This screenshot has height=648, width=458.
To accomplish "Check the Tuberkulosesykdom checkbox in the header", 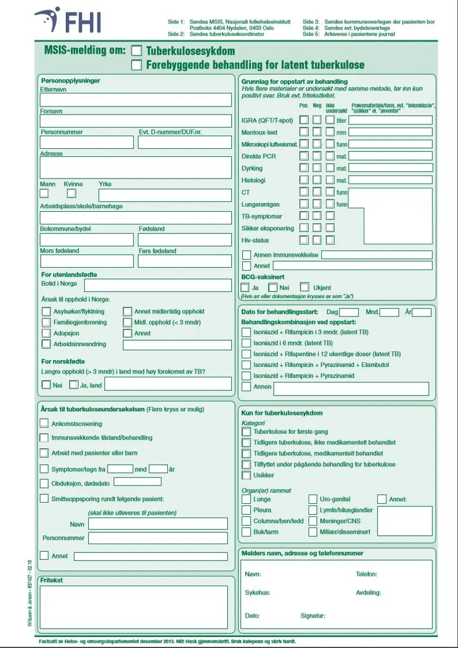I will pos(137,51).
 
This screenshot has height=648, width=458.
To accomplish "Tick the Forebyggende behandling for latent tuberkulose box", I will pos(137,65).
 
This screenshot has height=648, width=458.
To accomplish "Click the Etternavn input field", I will pos(136,100).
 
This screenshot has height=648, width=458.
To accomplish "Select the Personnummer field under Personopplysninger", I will pos(86,142).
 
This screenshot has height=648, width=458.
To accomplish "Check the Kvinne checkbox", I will pos(72,193).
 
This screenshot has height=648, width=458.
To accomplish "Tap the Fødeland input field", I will pos(185,239).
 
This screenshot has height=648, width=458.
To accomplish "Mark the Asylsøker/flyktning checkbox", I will pos(46,312).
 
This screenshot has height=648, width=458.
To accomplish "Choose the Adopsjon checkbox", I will pos(46,333).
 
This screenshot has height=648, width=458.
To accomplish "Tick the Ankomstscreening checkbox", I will pos(44,424).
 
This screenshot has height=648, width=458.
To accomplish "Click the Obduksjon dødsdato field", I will pos(137,481).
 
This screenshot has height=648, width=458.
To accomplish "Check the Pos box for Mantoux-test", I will pos(303,132).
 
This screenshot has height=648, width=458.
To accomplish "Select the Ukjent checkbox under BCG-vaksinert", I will pos(305,287).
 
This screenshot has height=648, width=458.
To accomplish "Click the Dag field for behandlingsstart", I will pos(349,313).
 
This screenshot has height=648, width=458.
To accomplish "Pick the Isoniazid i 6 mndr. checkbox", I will pos(246,343).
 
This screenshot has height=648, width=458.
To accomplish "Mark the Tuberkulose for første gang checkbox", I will pos(246,432).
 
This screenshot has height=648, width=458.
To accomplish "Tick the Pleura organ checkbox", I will pos(246,510).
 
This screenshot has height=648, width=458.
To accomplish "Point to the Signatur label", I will pos(313,616).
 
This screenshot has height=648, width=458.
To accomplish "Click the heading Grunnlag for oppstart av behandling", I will pos(294,82).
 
